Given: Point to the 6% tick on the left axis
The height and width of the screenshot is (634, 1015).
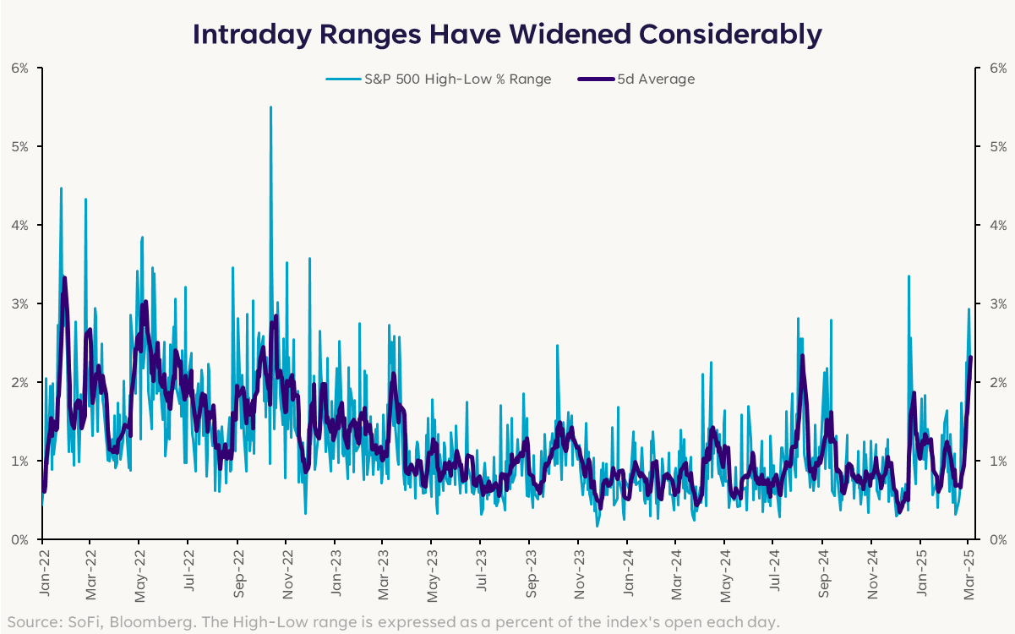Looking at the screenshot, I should tap(19, 68).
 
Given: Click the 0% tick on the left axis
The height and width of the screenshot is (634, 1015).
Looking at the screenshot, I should tap(19, 539).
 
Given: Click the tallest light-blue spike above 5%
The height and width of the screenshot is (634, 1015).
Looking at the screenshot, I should tap(270, 108).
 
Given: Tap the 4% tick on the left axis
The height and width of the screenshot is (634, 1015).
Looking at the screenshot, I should tap(19, 226).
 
